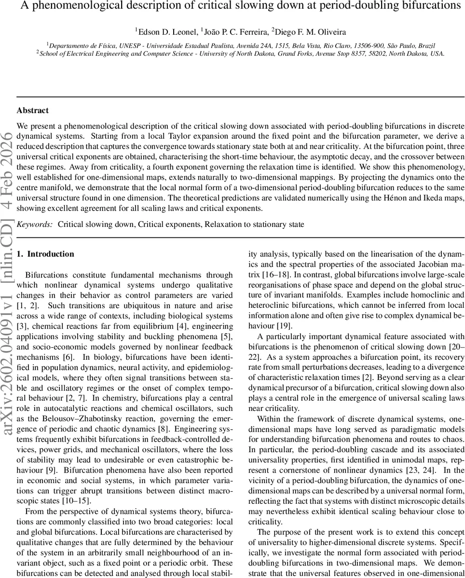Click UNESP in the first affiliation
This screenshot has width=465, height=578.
(x=125, y=45)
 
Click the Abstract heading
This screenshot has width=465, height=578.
(x=32, y=110)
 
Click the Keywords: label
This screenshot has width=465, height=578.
(x=35, y=224)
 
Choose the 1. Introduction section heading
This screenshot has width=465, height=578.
(x=45, y=254)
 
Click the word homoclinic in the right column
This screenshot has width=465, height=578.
(x=426, y=294)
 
